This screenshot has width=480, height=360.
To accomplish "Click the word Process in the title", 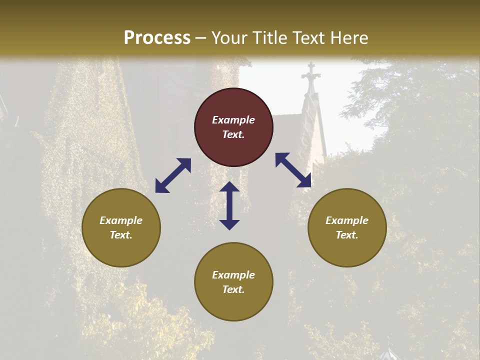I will (157, 38).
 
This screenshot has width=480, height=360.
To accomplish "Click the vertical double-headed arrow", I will (229, 205).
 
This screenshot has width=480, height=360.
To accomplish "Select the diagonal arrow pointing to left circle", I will (173, 175).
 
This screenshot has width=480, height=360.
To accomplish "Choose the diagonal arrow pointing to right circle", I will (293, 170).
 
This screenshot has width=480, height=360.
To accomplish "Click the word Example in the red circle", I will (233, 120).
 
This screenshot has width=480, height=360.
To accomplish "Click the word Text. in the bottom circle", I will (233, 289).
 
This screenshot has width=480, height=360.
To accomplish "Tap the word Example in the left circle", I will (121, 220).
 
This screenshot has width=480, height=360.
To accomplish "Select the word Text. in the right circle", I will (347, 235).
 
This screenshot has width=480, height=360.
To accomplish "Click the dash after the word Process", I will (201, 38).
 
